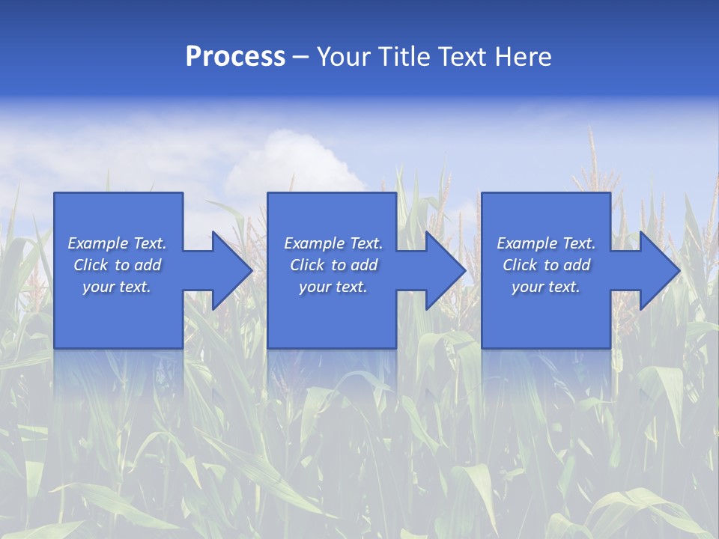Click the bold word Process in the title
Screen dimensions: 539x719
(235, 57)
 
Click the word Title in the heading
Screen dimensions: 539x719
(403, 57)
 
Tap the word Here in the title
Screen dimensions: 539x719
(523, 57)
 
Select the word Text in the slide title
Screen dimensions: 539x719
(463, 57)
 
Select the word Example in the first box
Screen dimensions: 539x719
(98, 243)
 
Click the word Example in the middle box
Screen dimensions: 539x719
(315, 243)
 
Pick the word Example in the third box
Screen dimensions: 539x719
(527, 243)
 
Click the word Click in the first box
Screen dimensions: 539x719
(91, 265)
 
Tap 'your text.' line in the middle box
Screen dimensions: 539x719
(333, 287)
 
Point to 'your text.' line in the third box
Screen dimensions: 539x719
(545, 287)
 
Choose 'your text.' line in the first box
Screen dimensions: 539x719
(117, 287)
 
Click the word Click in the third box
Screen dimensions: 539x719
(520, 265)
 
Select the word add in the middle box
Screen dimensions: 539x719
(364, 265)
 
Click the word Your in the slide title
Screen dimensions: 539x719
(344, 57)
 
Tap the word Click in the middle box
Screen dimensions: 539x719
(307, 265)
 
